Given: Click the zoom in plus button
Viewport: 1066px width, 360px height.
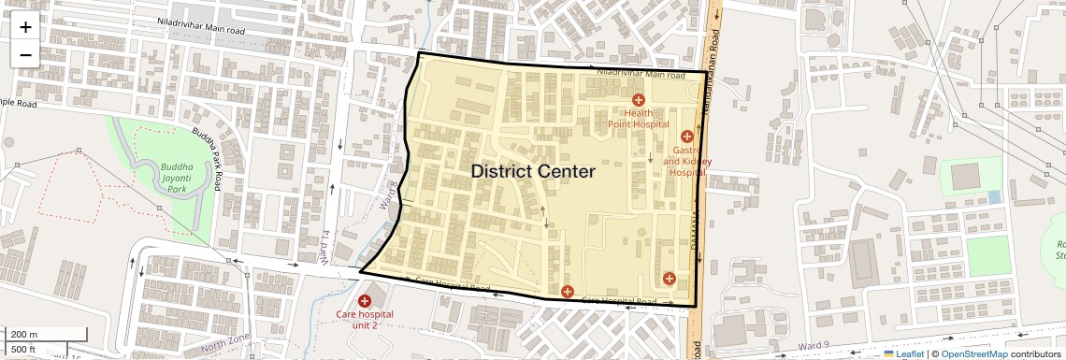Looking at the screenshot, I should click(25, 27).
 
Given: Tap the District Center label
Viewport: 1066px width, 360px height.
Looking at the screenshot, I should click(533, 171).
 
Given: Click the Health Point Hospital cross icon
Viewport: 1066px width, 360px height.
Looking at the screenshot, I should click(639, 100).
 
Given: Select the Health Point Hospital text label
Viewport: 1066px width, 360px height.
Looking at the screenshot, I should click(639, 118).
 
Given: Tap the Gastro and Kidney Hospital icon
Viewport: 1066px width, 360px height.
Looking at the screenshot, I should click(687, 137).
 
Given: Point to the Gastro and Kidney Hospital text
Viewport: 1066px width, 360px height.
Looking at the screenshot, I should click(687, 161).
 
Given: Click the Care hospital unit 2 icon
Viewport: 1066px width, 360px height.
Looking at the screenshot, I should click(364, 300).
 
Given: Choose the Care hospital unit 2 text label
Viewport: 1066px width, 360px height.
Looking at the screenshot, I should click(364, 319).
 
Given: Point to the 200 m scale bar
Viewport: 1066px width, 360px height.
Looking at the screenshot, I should click(32, 334).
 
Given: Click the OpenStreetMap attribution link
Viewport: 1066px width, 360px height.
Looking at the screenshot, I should click(973, 353).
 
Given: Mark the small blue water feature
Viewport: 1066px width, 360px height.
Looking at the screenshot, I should click(993, 197).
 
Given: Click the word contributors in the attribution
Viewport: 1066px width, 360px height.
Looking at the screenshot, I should click(1036, 353).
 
